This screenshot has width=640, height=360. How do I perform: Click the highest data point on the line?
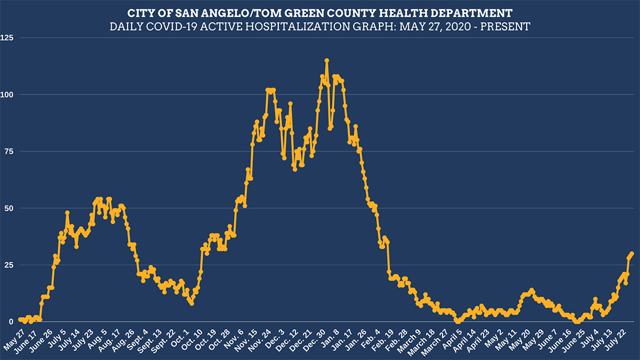(x=327, y=60)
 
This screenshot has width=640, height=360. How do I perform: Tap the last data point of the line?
(x=632, y=254)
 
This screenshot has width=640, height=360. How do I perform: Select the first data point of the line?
(x=20, y=319)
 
